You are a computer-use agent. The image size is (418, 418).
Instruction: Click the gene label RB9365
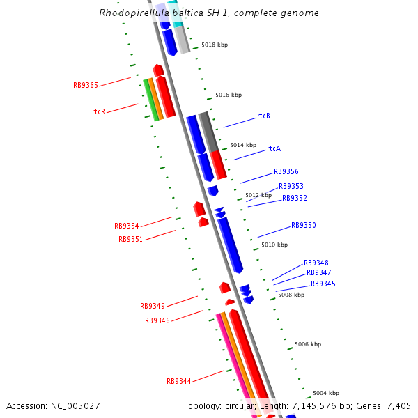86,86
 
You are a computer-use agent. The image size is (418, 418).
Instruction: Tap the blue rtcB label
263,116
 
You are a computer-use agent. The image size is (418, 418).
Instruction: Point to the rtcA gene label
274,149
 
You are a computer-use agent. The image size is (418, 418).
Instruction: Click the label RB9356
286,171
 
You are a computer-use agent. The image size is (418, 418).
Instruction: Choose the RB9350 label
304,226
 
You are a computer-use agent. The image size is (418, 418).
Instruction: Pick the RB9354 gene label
127,226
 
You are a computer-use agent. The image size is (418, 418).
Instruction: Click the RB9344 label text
178,382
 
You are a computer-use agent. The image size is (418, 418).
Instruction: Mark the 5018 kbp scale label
215,45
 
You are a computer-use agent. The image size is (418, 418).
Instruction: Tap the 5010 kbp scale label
274,245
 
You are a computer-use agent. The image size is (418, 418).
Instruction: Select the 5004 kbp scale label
326,393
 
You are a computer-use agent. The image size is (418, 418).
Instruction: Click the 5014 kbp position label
243,145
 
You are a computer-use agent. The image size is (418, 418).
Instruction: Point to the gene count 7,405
398,405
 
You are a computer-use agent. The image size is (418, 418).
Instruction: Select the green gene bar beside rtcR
150,100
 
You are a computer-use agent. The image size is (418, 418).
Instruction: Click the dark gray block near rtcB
208,131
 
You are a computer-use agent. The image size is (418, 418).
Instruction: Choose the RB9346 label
157,320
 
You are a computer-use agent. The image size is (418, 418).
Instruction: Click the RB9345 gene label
323,284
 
